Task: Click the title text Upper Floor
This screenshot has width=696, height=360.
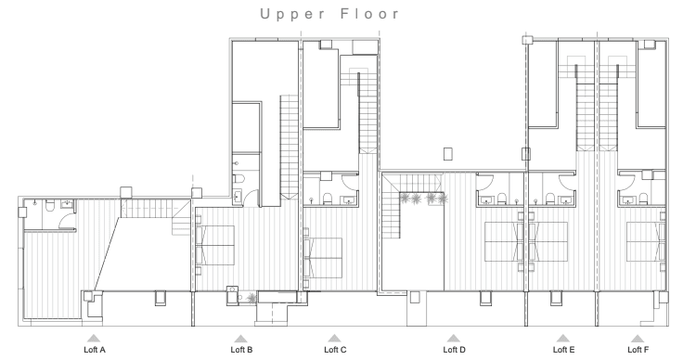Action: tap(329, 14)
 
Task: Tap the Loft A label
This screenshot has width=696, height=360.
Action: tap(95, 350)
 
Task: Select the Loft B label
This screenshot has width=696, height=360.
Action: tap(241, 350)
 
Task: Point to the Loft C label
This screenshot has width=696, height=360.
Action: tap(335, 350)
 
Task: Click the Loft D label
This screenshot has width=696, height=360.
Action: tap(454, 350)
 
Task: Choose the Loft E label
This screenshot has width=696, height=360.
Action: tap(563, 350)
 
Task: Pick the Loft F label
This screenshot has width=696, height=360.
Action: tap(638, 350)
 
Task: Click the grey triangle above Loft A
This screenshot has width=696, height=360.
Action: tap(93, 339)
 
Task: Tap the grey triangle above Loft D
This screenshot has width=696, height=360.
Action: tap(453, 339)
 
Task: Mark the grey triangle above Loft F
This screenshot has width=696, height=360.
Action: tap(637, 339)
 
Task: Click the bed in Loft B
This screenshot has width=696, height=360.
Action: tap(215, 246)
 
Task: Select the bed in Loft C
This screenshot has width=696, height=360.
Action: tap(323, 258)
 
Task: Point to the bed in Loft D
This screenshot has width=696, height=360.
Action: tap(504, 241)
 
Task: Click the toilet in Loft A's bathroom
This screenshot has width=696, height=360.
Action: tap(50, 205)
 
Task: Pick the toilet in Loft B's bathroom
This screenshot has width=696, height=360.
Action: tap(239, 179)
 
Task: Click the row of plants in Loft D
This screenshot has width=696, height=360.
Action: tap(422, 199)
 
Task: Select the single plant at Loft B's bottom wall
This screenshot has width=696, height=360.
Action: tap(251, 298)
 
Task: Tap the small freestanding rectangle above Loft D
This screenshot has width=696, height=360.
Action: tap(448, 154)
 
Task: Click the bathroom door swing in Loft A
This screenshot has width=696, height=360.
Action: tap(67, 217)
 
